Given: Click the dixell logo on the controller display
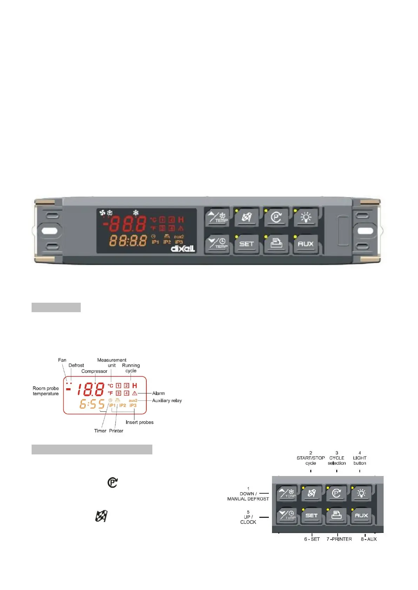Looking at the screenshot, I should [x=183, y=248].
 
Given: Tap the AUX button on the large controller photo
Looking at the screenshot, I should [x=305, y=244].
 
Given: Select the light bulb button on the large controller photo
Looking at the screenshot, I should [x=306, y=218].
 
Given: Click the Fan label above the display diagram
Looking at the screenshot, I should [x=62, y=360].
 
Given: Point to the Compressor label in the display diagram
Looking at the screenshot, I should [x=94, y=371].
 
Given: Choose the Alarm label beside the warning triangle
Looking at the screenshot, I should [x=158, y=393].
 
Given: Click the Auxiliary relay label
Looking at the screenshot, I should [x=167, y=400].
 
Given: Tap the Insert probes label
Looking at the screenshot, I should [x=139, y=422].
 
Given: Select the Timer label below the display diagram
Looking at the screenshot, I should [x=100, y=431].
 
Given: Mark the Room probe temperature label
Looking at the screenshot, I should [x=46, y=391].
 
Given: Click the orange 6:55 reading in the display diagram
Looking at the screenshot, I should [x=92, y=404].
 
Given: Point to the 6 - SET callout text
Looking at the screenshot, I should [x=312, y=539].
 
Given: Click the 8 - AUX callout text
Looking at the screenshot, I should [x=369, y=539].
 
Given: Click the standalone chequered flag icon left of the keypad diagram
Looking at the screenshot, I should [x=101, y=516].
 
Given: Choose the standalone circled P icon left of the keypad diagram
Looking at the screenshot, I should [x=112, y=483].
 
